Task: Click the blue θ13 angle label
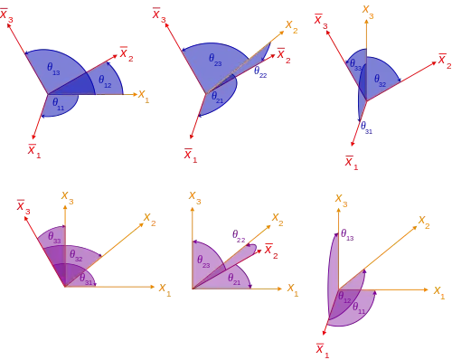coord(53,69)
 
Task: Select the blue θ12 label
coord(105,81)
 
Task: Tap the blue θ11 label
coord(58,104)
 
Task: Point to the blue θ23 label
coord(215,60)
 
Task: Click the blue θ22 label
coord(260,72)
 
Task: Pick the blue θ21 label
coord(217,98)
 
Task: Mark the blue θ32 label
coord(380,81)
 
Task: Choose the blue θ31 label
coord(366,128)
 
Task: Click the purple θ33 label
coord(54,237)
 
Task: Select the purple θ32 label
coord(76,256)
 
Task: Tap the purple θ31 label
coord(86,279)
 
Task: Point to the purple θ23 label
coord(203,261)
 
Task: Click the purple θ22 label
coord(239,236)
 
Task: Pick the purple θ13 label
coord(347,234)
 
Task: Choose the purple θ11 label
coord(359,308)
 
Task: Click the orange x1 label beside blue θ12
coord(144,96)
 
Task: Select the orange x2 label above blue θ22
coord(291,26)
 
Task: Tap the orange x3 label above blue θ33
coord(368,12)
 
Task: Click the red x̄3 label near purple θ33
coord(24,207)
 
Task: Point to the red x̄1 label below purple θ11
coord(323,350)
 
